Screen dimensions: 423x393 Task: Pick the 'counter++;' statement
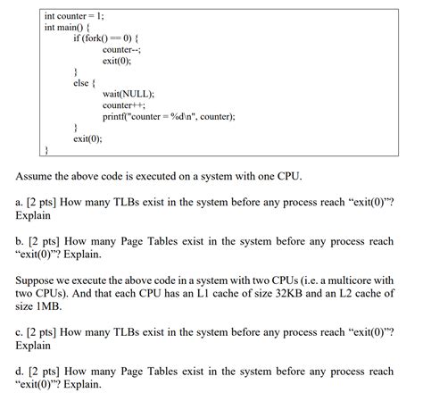click(124, 105)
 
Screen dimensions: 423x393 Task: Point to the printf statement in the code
click(169, 116)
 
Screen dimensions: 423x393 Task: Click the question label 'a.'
click(20, 203)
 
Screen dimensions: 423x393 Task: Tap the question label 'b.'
click(20, 241)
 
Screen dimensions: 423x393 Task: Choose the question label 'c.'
click(20, 331)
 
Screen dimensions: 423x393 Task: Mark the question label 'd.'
click(20, 370)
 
